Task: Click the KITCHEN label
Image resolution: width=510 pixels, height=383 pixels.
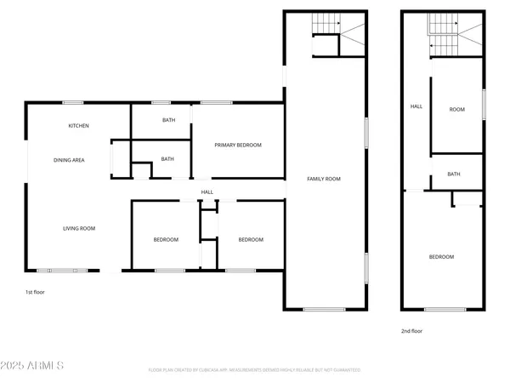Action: [79, 126]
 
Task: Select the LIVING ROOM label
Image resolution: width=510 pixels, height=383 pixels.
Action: [78, 228]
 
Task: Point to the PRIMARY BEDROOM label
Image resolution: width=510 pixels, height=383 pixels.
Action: [238, 146]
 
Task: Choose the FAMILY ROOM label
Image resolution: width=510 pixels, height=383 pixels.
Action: [324, 179]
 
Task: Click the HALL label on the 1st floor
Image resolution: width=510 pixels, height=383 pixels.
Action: [207, 192]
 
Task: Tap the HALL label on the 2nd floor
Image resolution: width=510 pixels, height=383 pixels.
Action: [416, 106]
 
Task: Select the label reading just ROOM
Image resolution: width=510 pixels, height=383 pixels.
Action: [457, 109]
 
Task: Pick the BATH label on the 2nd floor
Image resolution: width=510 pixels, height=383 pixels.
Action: [454, 174]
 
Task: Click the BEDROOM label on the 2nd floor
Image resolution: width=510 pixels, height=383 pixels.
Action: [441, 257]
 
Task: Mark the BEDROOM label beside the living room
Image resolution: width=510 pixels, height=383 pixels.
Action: [166, 240]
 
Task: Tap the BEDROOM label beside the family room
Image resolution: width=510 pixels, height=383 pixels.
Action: [250, 240]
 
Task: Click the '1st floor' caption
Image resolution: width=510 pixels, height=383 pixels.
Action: [35, 292]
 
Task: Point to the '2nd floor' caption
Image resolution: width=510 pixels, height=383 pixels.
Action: [411, 331]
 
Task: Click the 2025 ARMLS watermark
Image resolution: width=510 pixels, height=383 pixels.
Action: [34, 366]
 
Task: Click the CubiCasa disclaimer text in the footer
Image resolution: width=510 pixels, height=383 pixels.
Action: [255, 370]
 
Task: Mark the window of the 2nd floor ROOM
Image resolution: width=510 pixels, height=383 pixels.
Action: [484, 104]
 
